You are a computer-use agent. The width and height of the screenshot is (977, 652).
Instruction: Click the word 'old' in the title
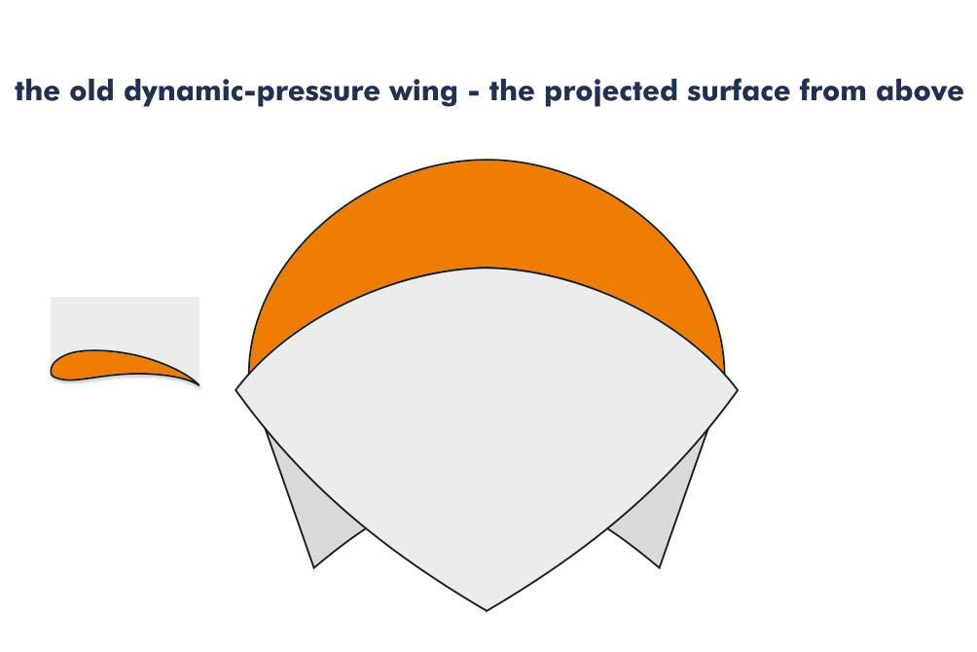pyautogui.click(x=90, y=91)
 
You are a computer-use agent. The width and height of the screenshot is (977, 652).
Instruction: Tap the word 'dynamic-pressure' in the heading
pyautogui.click(x=251, y=92)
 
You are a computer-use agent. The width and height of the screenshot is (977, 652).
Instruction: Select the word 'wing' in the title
pyautogui.click(x=423, y=92)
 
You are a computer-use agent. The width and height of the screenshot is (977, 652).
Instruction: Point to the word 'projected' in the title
pyautogui.click(x=611, y=92)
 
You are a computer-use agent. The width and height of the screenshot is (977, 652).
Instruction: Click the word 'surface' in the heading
pyautogui.click(x=739, y=91)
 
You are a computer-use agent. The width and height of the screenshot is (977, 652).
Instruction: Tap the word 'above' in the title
pyautogui.click(x=920, y=91)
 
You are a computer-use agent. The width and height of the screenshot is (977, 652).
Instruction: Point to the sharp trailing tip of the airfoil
pyautogui.click(x=199, y=385)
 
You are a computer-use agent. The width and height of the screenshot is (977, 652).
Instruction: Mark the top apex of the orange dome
pyautogui.click(x=487, y=160)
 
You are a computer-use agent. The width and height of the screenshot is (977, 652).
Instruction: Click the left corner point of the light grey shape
pyautogui.click(x=235, y=390)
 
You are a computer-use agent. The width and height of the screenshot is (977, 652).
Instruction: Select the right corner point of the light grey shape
pyautogui.click(x=738, y=390)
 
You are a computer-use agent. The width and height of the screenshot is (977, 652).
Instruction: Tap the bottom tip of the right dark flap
pyautogui.click(x=659, y=567)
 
